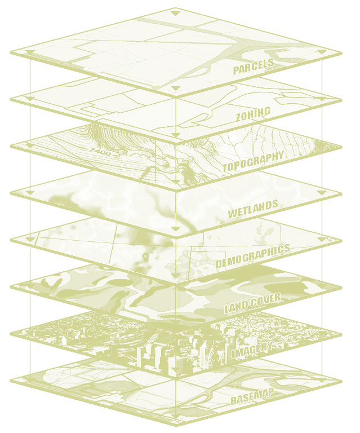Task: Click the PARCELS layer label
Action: [254, 66]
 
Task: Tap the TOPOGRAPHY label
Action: [252, 162]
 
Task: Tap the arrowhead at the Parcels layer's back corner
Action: [176, 12]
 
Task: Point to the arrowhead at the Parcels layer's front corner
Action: [176, 89]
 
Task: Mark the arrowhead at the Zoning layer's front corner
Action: [176, 136]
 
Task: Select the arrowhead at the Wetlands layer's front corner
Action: [176, 230]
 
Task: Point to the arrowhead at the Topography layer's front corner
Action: [176, 183]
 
